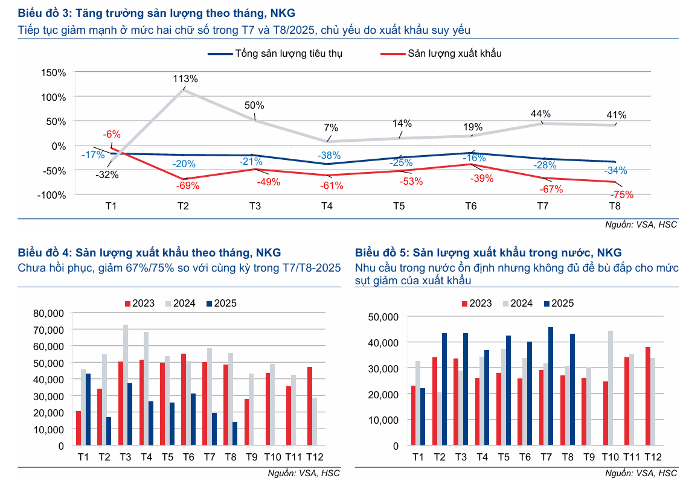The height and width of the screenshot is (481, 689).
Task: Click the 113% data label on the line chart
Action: pyautogui.click(x=185, y=78)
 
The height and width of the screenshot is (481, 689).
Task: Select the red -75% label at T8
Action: pyautogui.click(x=621, y=194)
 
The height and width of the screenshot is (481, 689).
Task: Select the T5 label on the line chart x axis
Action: pyautogui.click(x=399, y=206)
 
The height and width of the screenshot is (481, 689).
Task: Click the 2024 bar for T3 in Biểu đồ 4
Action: pyautogui.click(x=126, y=385)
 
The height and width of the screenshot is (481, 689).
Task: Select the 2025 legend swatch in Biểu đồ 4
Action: pyautogui.click(x=210, y=303)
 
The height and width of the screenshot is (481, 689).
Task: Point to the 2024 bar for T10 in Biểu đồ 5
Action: pyautogui.click(x=611, y=388)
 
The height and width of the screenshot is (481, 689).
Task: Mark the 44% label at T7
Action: pyautogui.click(x=540, y=113)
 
